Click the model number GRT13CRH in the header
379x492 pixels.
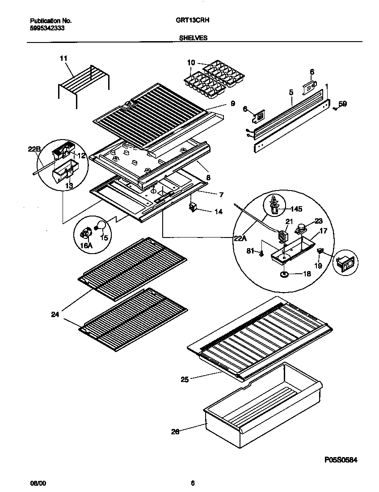(193, 21)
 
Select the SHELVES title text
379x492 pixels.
(193, 38)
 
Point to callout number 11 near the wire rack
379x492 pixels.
(63, 58)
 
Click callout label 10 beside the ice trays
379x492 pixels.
(191, 63)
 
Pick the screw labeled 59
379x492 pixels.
(335, 107)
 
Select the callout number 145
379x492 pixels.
(295, 208)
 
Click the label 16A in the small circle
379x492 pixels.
(85, 245)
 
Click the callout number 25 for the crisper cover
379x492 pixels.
(184, 380)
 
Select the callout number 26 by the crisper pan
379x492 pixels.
(175, 432)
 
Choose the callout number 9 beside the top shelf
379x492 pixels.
(233, 103)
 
